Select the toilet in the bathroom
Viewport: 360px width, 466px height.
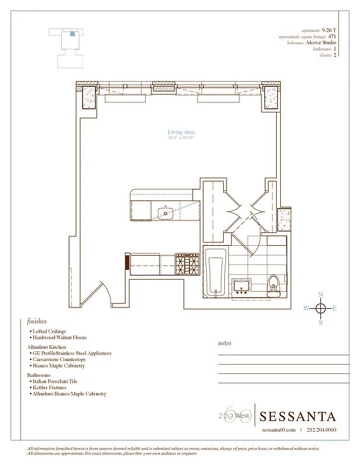pyautogui.click(x=274, y=285)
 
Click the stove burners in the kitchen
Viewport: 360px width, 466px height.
pyautogui.click(x=188, y=264)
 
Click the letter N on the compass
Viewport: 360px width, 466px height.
pyautogui.click(x=320, y=295)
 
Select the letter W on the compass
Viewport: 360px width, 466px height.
pyautogui.click(x=306, y=309)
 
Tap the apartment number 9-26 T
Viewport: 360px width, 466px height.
pyautogui.click(x=329, y=30)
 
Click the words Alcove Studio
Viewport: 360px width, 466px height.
pyautogui.click(x=321, y=43)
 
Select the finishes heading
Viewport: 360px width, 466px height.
pyautogui.click(x=37, y=321)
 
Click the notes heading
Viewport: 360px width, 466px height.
pyautogui.click(x=224, y=344)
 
